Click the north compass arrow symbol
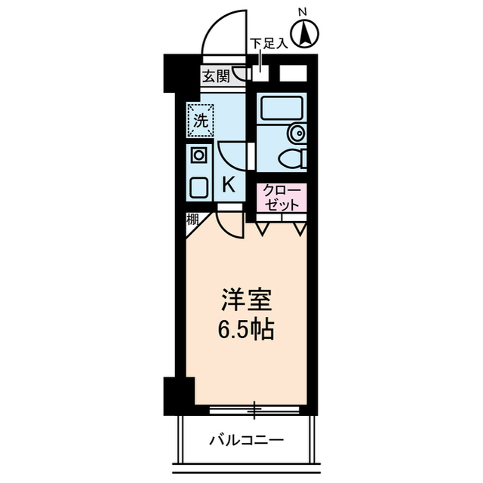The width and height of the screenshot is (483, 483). pyautogui.click(x=305, y=33)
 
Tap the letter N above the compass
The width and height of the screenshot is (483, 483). pyautogui.click(x=303, y=11)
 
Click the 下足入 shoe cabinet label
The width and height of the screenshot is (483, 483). pyautogui.click(x=269, y=44)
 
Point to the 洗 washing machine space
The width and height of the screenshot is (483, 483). pyautogui.click(x=200, y=119)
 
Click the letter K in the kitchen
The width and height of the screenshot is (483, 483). pyautogui.click(x=229, y=183)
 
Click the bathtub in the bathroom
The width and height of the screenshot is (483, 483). pyautogui.click(x=281, y=109)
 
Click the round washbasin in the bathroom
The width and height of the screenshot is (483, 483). pyautogui.click(x=298, y=134)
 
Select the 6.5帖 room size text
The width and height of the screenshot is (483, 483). pyautogui.click(x=242, y=329)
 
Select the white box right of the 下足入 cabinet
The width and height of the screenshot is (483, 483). pyautogui.click(x=292, y=74)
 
